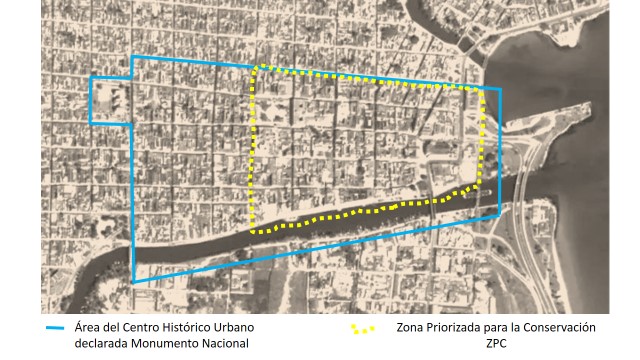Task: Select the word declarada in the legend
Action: pyautogui.click(x=104, y=344)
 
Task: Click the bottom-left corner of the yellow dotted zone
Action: pyautogui.click(x=251, y=230)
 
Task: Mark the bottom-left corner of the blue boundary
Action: pyautogui.click(x=132, y=285)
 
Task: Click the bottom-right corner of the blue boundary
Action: pyautogui.click(x=499, y=215)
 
